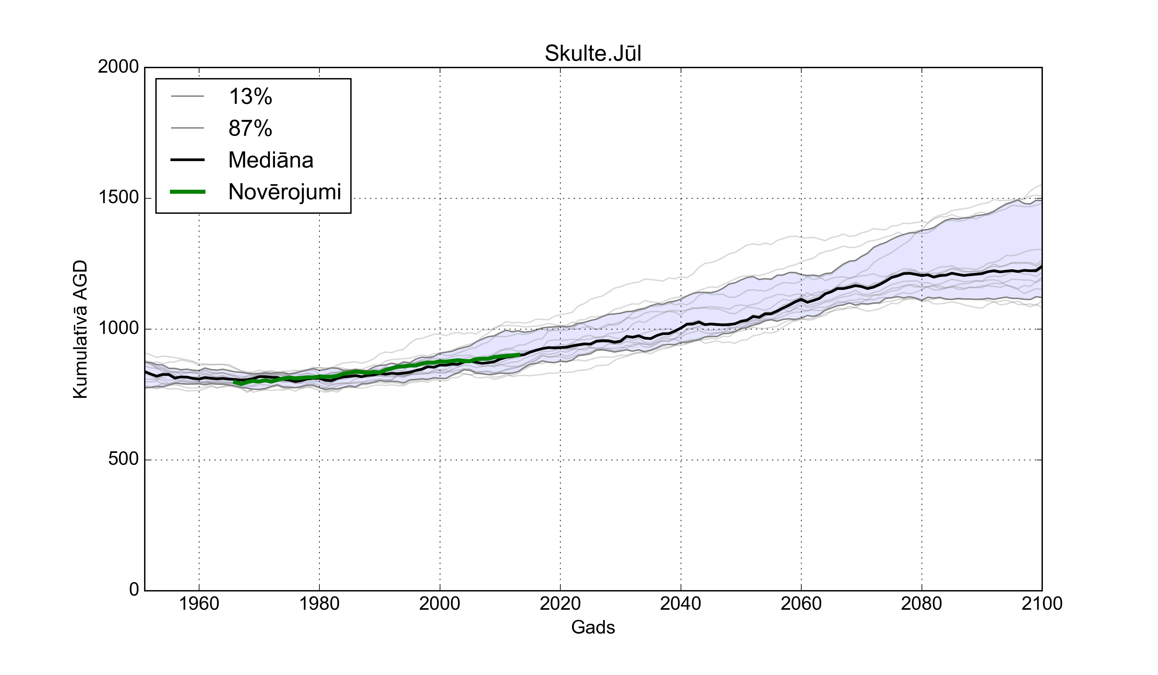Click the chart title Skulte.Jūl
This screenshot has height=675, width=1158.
coord(593,54)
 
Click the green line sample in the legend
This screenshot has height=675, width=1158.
coord(188,192)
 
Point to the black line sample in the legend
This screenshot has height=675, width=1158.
coord(188,160)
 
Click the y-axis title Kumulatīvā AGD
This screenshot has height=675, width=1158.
coord(80,329)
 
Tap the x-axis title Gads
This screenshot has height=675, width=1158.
coord(593,627)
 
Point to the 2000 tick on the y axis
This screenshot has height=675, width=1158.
coord(118,67)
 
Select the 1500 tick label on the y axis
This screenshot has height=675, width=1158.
coord(118,198)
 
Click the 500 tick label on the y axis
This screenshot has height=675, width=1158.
coord(123,459)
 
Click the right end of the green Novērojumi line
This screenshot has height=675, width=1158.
coord(519,355)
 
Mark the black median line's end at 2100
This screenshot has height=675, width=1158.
coord(1041,267)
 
